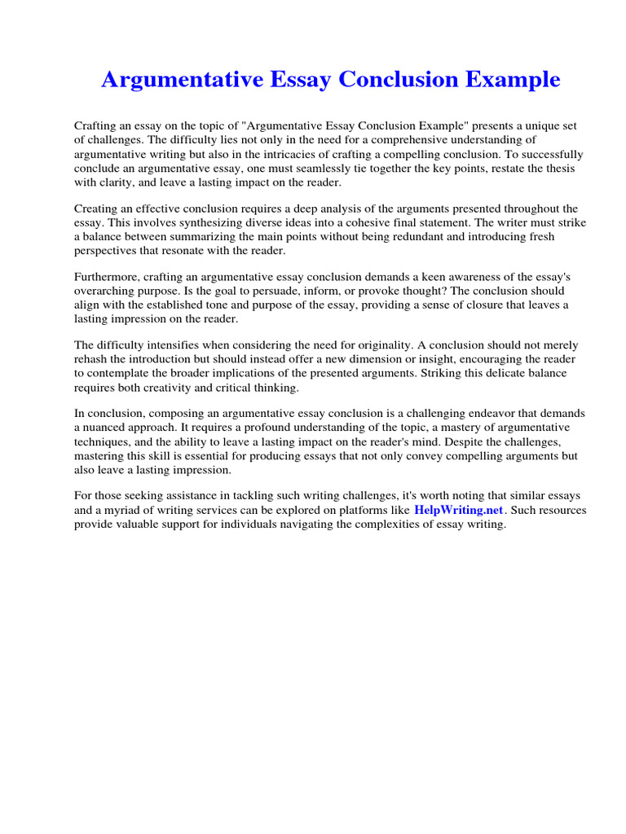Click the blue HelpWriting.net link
460,510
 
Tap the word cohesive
340,222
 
